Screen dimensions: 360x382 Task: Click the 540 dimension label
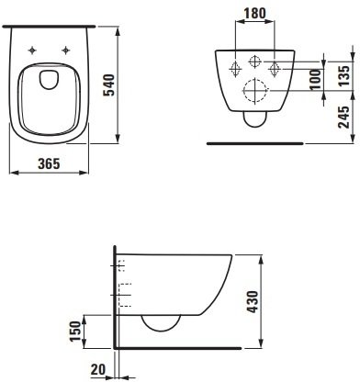coord(109,85)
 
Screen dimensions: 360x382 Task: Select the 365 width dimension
coord(49,163)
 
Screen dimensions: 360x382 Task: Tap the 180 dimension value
coord(255,13)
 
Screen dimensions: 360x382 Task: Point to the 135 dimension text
coord(343,75)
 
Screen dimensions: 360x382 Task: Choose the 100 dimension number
coord(315,80)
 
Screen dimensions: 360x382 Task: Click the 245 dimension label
coord(343,117)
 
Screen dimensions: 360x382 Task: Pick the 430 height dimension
coord(253,302)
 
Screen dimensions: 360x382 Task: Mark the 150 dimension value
coord(75,331)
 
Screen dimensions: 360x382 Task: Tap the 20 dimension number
coord(98,369)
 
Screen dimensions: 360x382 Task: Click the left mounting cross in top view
coord(32,50)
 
